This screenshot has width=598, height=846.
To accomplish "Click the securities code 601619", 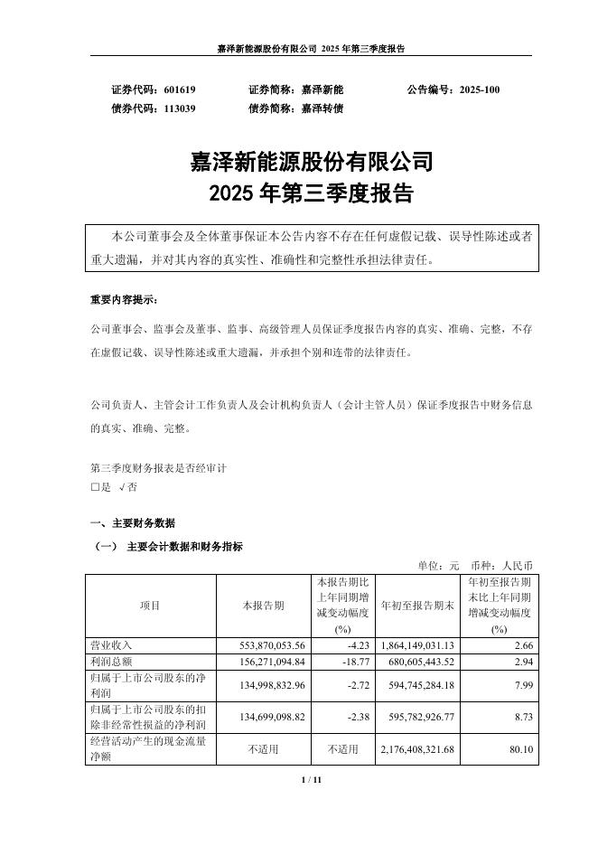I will coord(180,90).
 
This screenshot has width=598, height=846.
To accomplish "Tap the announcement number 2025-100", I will coord(479,90).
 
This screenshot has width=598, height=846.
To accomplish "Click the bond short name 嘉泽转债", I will coord(322,108).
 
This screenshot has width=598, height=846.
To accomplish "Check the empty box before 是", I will coord(95,487).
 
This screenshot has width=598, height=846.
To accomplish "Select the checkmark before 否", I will coord(122,487).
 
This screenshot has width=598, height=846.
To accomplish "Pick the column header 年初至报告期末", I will coord(416,606).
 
